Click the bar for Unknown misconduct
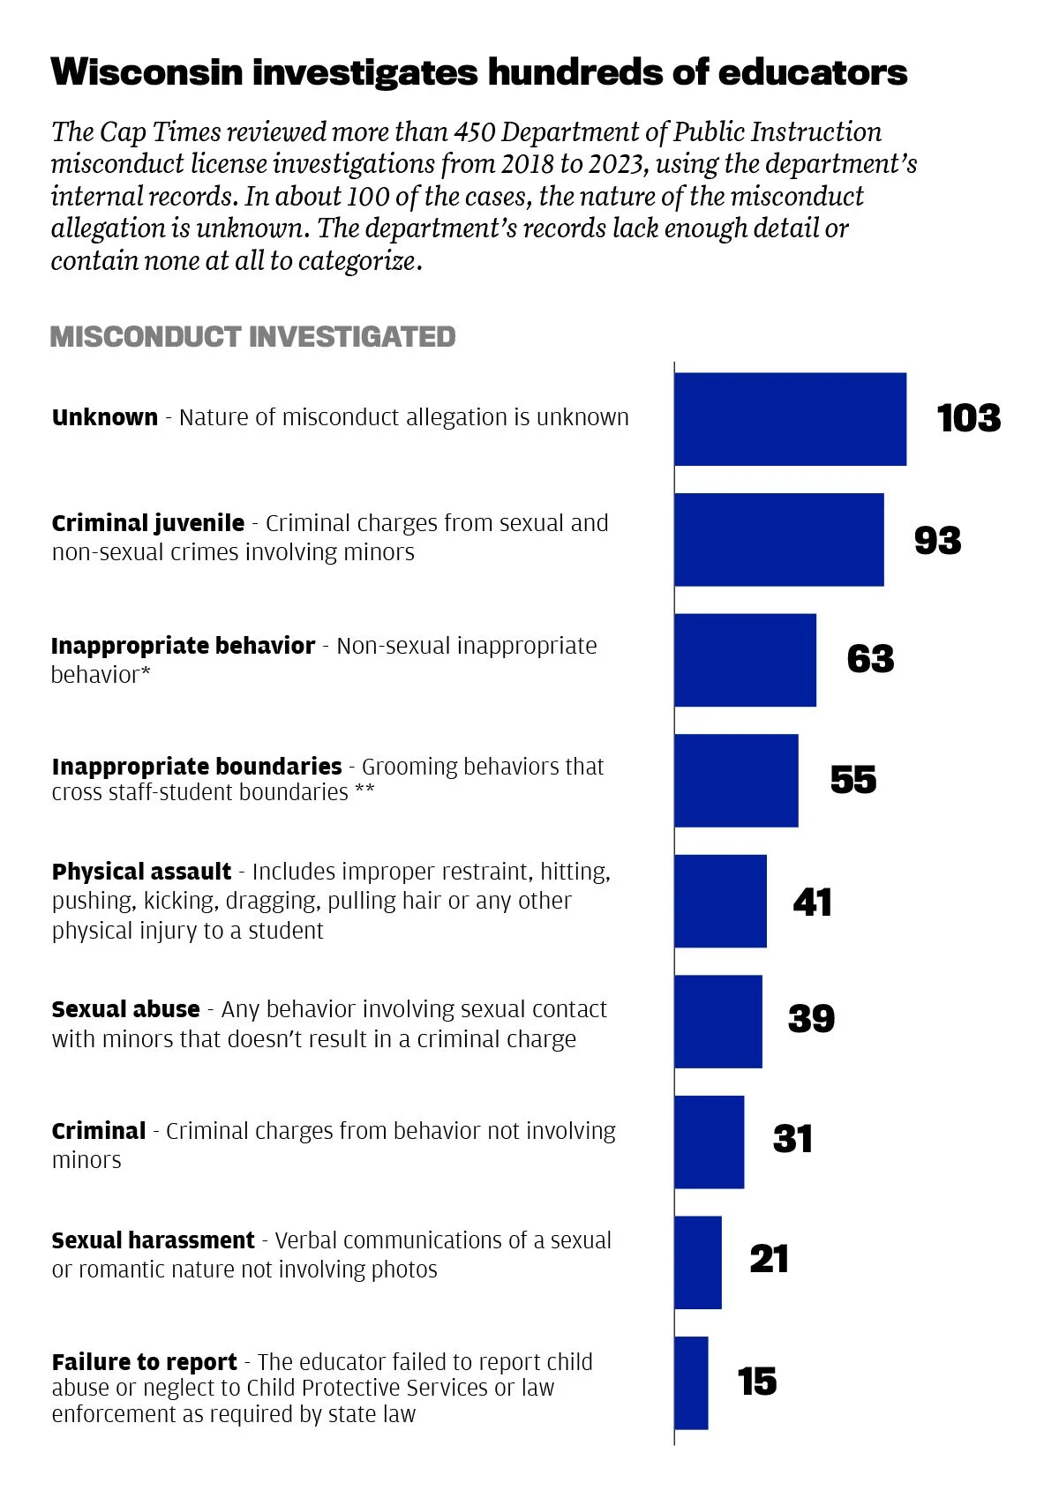790,419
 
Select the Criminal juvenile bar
778,540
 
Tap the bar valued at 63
745,660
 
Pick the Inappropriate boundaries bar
736,781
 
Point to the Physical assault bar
720,901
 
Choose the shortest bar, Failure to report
691,1382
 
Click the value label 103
968,418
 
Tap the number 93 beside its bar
937,540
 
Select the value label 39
811,1019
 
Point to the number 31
792,1139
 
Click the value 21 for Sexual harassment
769,1259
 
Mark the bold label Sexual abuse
125,1009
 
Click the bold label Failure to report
144,1362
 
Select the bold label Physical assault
141,872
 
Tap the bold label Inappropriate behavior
183,646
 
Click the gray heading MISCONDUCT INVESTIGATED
252,337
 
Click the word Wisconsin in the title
146,72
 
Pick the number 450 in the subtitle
474,132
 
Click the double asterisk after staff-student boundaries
364,790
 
